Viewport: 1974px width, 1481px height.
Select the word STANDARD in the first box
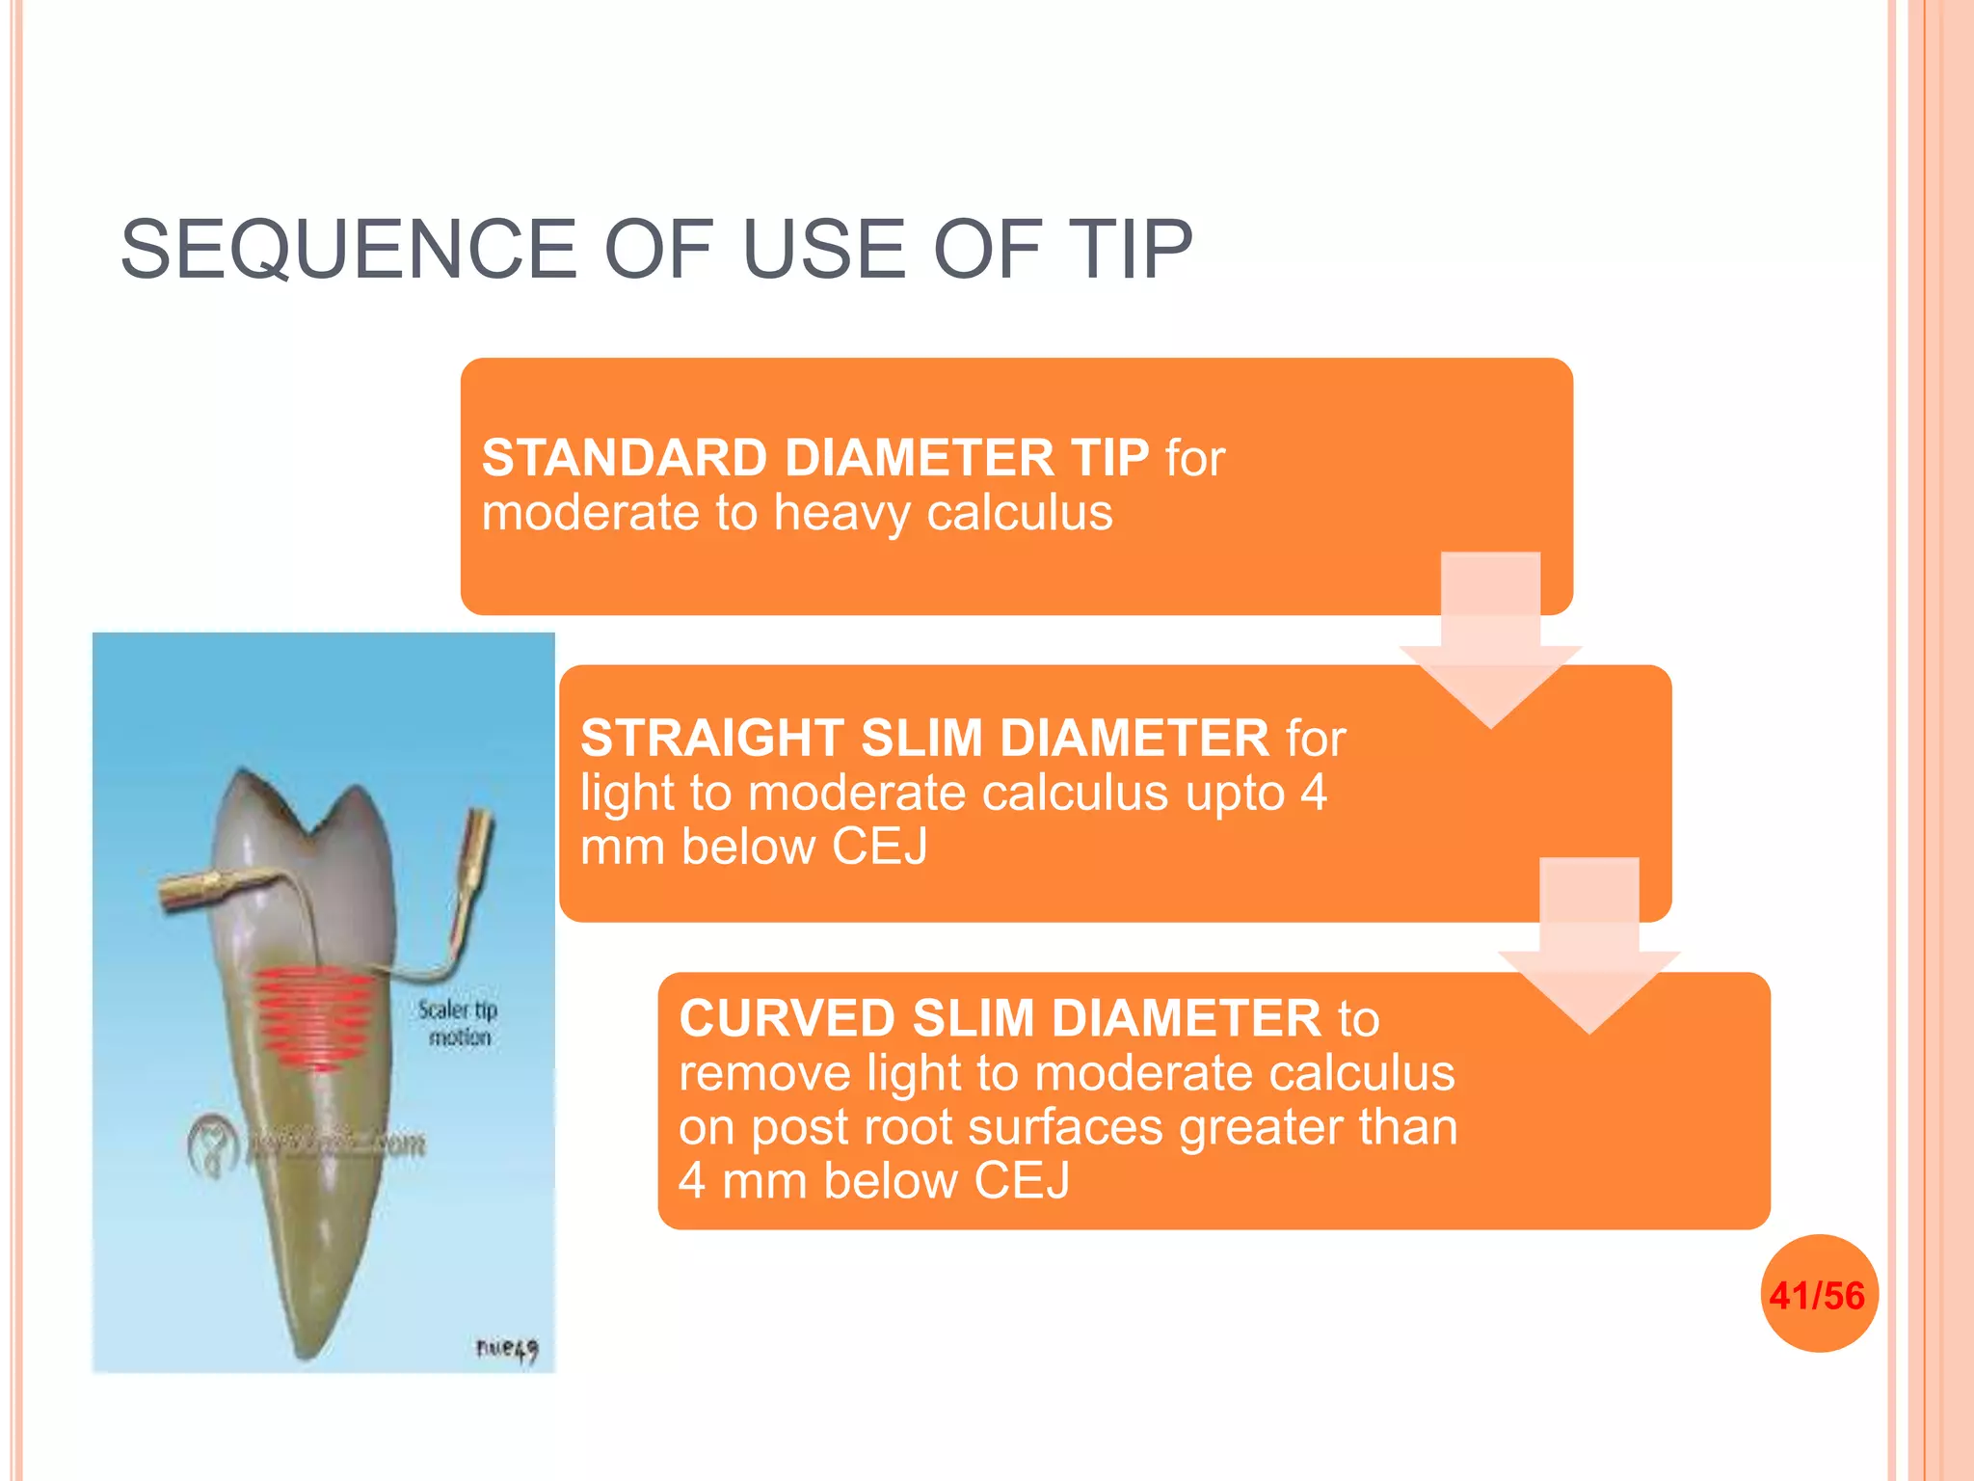[623, 457]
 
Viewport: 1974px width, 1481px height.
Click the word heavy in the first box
[840, 513]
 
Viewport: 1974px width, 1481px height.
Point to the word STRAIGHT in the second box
[712, 738]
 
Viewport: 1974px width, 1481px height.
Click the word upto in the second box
[1235, 793]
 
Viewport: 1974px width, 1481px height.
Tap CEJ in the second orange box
[879, 847]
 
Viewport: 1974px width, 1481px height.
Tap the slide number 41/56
[1818, 1295]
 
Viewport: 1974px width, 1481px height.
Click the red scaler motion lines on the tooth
[314, 1017]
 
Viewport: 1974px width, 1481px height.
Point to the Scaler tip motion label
[458, 1023]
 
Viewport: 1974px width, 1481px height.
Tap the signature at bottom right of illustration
[506, 1349]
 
